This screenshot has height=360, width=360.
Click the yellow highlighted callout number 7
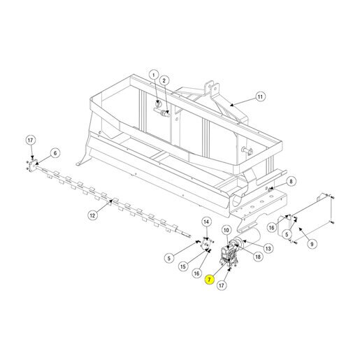pyautogui.click(x=209, y=279)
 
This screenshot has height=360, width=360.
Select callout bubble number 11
pyautogui.click(x=260, y=96)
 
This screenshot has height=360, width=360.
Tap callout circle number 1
pyautogui.click(x=154, y=75)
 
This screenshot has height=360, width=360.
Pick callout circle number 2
pyautogui.click(x=164, y=80)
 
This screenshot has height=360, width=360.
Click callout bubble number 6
pyautogui.click(x=55, y=153)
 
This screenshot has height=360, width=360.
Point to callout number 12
pyautogui.click(x=92, y=215)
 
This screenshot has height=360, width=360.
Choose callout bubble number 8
pyautogui.click(x=291, y=181)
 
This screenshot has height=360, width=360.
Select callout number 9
pyautogui.click(x=312, y=244)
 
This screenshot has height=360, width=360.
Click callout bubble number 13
pyautogui.click(x=268, y=249)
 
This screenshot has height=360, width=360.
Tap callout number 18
pyautogui.click(x=258, y=257)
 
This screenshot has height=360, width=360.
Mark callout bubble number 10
pyautogui.click(x=226, y=231)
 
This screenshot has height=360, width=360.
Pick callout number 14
pyautogui.click(x=206, y=222)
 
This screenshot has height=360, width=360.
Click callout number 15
pyautogui.click(x=183, y=266)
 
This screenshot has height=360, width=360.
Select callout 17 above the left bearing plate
pyautogui.click(x=31, y=141)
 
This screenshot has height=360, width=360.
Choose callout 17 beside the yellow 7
pyautogui.click(x=222, y=285)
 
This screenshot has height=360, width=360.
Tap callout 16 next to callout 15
pyautogui.click(x=196, y=273)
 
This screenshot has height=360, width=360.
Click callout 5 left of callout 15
pyautogui.click(x=169, y=258)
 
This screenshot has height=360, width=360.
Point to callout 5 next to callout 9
pyautogui.click(x=287, y=234)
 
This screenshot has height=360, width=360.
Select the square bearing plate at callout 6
pyautogui.click(x=34, y=165)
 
